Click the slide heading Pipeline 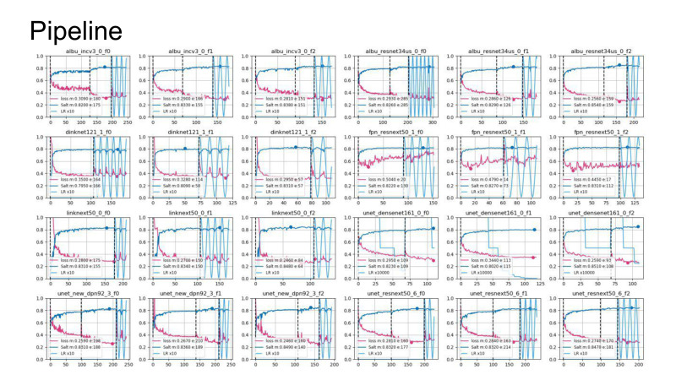pos(75,30)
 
